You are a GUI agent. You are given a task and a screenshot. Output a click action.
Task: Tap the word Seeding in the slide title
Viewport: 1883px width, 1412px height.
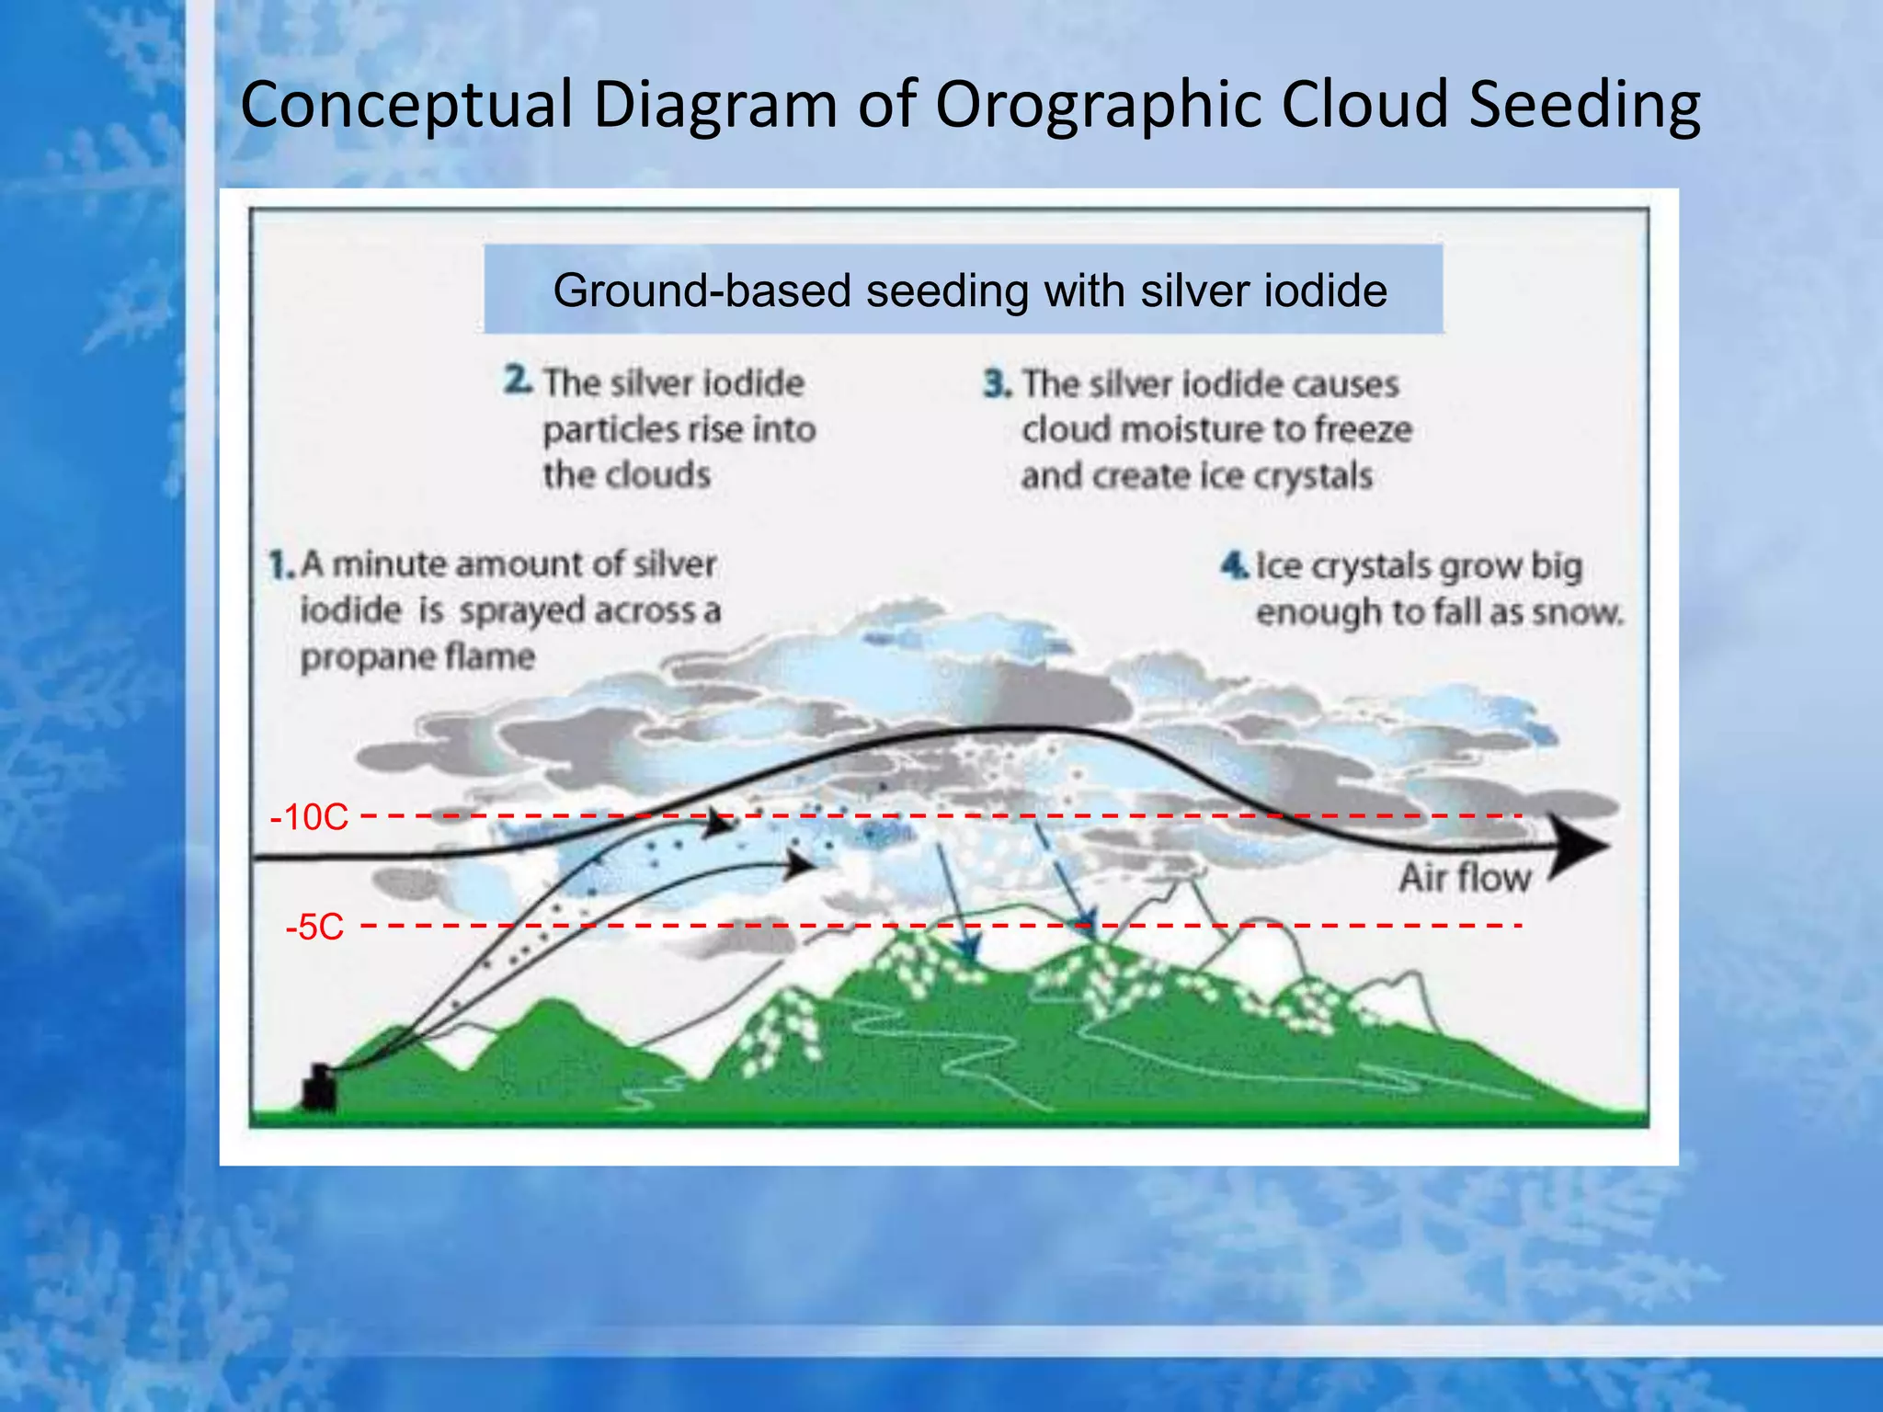1583,105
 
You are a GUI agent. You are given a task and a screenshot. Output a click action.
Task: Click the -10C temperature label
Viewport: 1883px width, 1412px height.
310,817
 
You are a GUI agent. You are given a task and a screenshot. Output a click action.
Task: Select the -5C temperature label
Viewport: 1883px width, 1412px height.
314,927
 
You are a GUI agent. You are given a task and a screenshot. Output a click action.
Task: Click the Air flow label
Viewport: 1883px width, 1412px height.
1464,878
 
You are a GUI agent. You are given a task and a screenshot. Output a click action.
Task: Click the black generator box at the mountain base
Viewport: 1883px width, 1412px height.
319,1088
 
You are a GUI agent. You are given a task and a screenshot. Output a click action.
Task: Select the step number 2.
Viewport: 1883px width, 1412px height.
518,381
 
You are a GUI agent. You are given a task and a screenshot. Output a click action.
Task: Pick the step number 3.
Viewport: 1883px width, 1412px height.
997,383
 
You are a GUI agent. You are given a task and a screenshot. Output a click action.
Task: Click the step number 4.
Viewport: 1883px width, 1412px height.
1233,564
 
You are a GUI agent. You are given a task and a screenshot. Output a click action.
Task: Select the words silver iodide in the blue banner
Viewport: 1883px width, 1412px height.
1263,291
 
